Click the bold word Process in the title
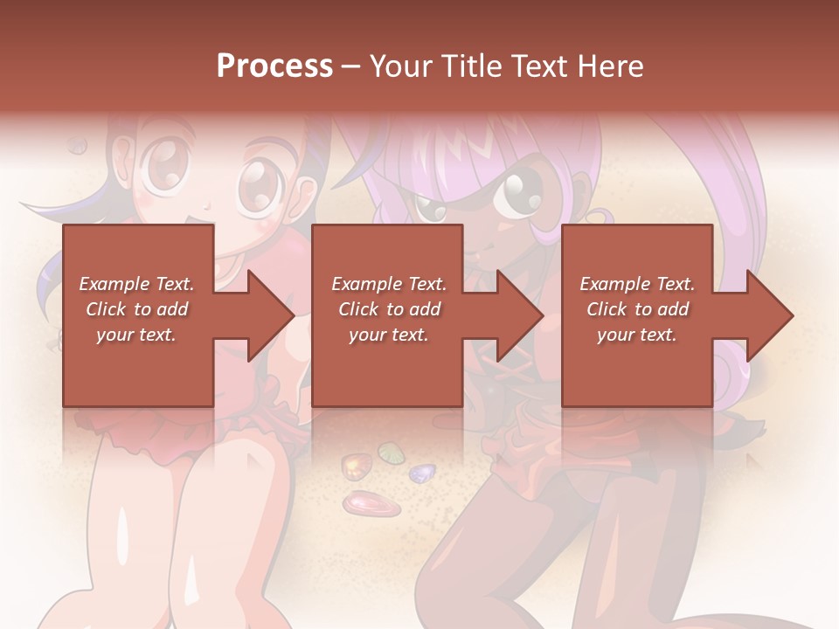coord(274,66)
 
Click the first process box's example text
coord(136,309)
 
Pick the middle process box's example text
coord(388,309)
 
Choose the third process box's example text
coord(636,309)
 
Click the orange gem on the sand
coord(355,467)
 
